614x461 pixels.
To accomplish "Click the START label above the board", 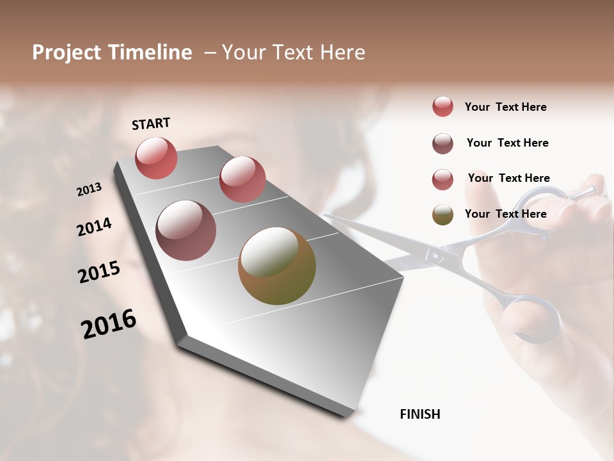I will pos(151,124).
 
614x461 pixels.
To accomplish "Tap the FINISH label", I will pos(420,414).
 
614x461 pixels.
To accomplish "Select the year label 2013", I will pos(89,189).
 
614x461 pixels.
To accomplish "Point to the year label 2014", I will pos(94,227).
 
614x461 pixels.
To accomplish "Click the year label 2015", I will pos(99,272).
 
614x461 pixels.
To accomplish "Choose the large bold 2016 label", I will pos(109,324).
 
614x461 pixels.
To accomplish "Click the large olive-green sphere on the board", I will pos(277,265).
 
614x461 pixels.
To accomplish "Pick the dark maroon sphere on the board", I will pos(185,230).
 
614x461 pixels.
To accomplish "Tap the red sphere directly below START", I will pos(156,158).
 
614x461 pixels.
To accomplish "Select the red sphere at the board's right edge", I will pos(242,179).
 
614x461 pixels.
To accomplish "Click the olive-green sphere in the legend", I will pos(443,214).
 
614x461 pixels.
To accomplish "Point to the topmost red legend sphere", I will pos(443,106).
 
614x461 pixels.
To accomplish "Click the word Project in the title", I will pos(66,53).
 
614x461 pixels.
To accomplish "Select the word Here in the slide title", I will pos(341,53).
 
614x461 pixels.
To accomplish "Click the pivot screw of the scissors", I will pos(436,256).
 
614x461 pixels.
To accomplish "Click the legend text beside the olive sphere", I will pos(505,214).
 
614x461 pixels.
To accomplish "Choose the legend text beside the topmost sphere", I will pos(505,107).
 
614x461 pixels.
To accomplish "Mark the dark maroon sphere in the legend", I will pos(443,143).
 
